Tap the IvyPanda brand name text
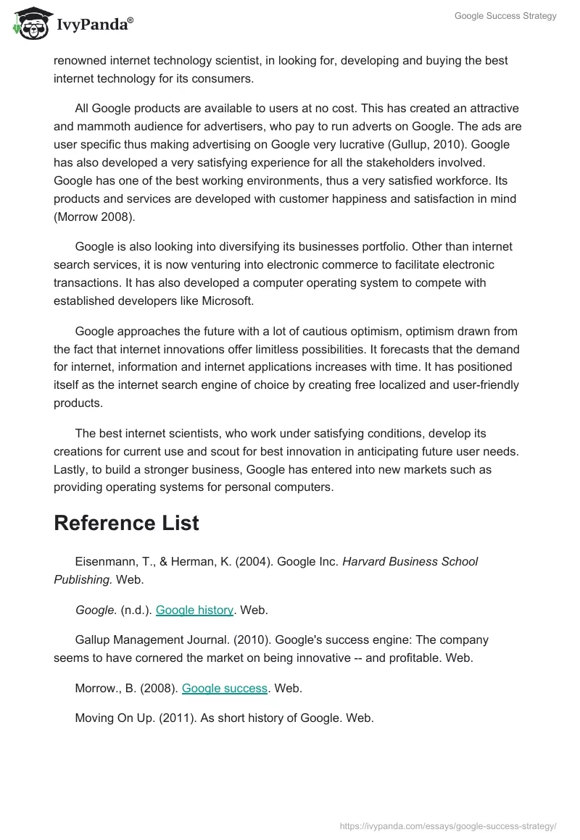click(x=94, y=25)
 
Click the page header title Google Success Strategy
click(x=505, y=16)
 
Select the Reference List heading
click(x=126, y=523)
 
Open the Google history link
click(x=194, y=610)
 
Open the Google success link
click(x=225, y=688)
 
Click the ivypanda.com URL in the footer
click(x=448, y=826)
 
